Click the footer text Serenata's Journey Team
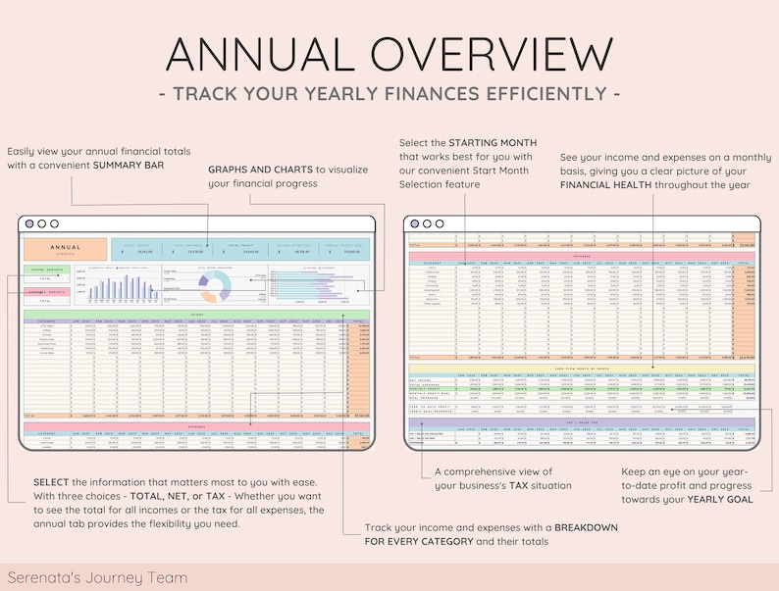point(96,577)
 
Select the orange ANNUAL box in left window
point(66,249)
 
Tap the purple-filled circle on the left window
point(29,223)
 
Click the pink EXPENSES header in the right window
point(581,256)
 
